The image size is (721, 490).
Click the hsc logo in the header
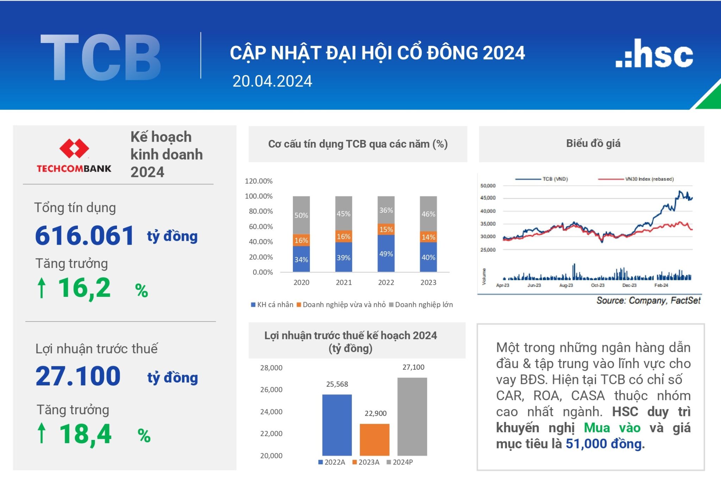(x=654, y=54)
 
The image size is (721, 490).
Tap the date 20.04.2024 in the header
(x=272, y=81)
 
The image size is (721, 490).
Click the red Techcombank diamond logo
(x=74, y=148)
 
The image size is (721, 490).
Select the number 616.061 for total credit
(x=84, y=235)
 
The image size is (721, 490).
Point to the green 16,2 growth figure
(x=84, y=288)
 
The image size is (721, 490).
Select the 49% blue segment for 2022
(x=386, y=253)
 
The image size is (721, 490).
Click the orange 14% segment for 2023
(x=428, y=237)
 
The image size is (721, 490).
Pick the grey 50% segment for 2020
(x=301, y=215)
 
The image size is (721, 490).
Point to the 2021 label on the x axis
(x=344, y=282)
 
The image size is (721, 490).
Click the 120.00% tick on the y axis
(x=259, y=181)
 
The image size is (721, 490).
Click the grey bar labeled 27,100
(x=412, y=416)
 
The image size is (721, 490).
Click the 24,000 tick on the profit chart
(x=271, y=412)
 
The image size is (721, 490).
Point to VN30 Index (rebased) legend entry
(x=649, y=179)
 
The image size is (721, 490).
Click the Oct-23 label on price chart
(x=597, y=285)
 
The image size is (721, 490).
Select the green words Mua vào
(x=612, y=428)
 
